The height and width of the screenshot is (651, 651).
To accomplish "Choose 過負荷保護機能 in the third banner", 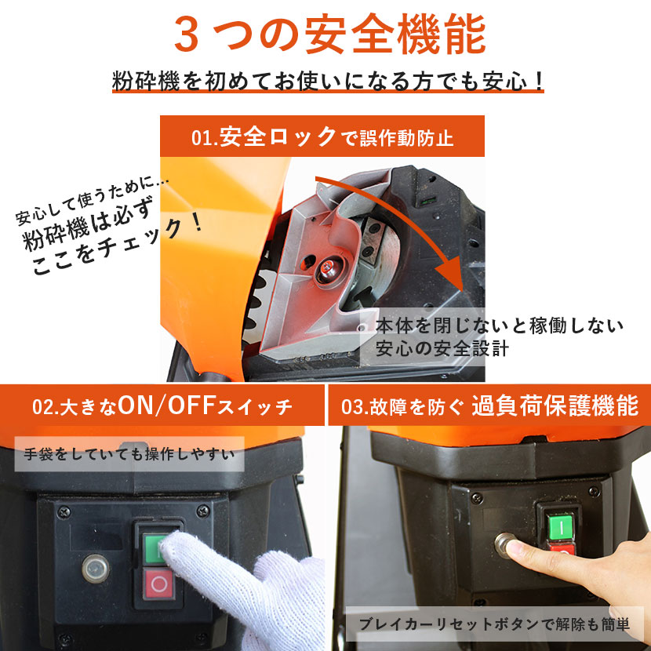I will [555, 406].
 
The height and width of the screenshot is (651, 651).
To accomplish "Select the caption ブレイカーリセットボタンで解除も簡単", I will [494, 624].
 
